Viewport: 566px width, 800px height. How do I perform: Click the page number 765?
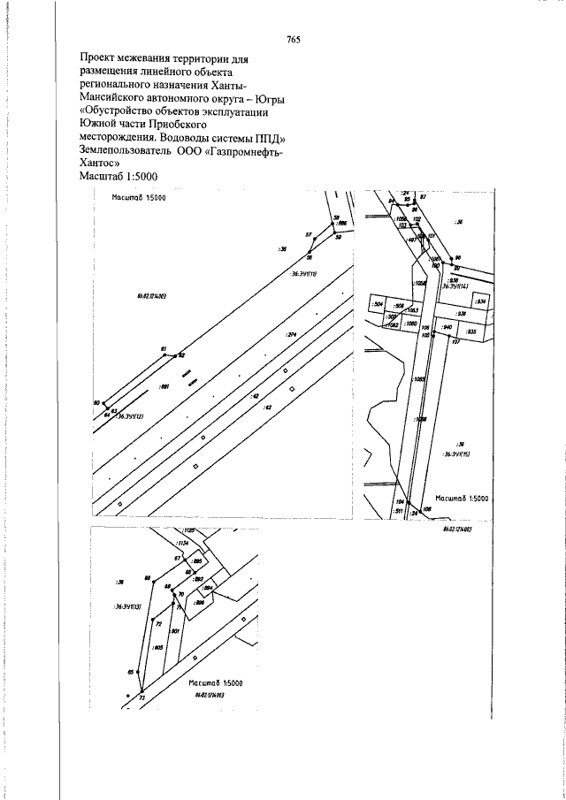pos(294,40)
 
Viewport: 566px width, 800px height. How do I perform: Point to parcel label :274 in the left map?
pos(291,335)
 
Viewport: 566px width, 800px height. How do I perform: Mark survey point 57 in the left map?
pos(309,236)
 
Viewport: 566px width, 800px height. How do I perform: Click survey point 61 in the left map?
pos(164,349)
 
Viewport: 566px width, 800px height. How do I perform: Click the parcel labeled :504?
pos(378,304)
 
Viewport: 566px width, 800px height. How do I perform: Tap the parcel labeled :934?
pos(480,301)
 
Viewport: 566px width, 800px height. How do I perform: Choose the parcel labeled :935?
pos(471,331)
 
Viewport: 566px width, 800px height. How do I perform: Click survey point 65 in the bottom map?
pos(131,673)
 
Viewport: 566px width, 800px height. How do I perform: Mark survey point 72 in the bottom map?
pos(158,624)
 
